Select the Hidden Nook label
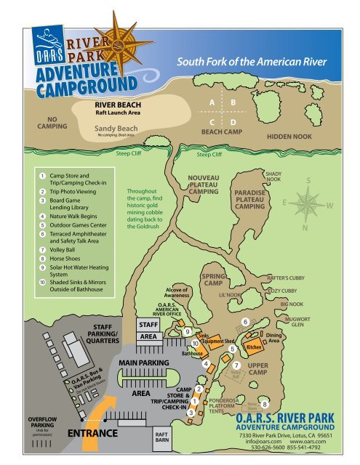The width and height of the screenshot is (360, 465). [x=289, y=136]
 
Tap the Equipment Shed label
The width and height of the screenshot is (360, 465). [x=217, y=340]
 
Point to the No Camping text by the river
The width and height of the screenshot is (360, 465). [x=52, y=123]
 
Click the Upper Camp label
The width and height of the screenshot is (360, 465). [x=258, y=368]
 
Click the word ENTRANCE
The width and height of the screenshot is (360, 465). [x=92, y=434]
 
